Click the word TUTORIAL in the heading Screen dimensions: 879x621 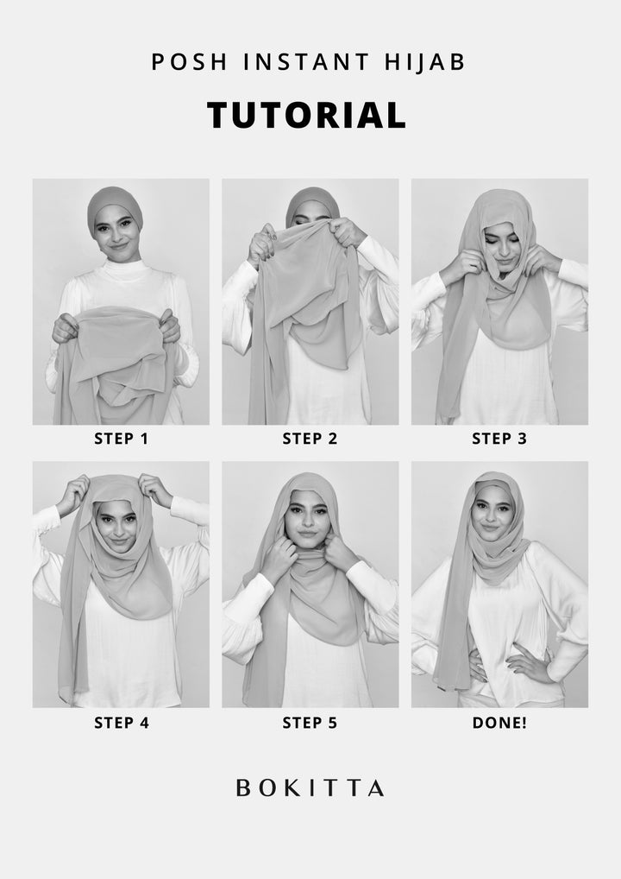click(x=306, y=116)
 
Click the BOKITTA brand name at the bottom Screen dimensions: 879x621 click(x=310, y=788)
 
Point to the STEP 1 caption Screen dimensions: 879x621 click(x=121, y=439)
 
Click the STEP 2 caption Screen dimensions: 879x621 click(x=310, y=439)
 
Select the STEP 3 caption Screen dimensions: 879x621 click(x=499, y=439)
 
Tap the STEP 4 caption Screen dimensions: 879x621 click(x=121, y=723)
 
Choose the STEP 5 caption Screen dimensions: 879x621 click(x=310, y=723)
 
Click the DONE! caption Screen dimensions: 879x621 click(x=499, y=723)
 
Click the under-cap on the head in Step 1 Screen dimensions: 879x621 click(x=114, y=202)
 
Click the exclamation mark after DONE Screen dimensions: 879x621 click(x=524, y=723)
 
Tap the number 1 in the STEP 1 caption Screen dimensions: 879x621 click(x=144, y=439)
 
